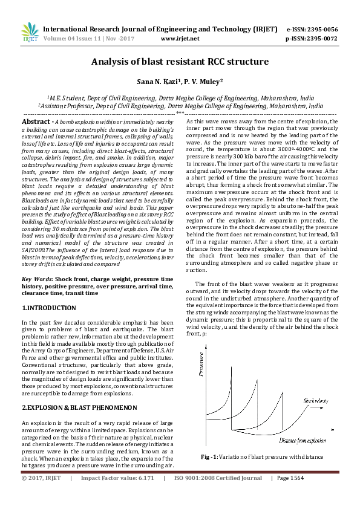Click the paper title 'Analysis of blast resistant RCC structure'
point(180,62)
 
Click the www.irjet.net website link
point(180,38)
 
